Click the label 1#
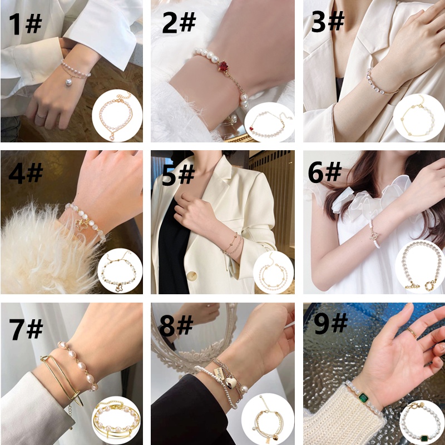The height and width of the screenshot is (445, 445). (x=26, y=24)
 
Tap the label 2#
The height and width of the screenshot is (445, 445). (x=179, y=23)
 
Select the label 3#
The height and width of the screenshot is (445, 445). (x=328, y=22)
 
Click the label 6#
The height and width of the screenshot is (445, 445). (x=324, y=174)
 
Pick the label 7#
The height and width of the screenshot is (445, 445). (x=26, y=328)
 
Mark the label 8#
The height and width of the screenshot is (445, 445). (x=176, y=326)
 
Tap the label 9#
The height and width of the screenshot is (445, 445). (x=330, y=324)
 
